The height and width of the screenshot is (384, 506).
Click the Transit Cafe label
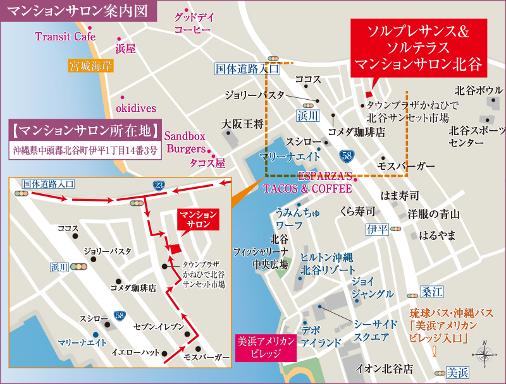[65, 37]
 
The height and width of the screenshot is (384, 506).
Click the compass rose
[484, 354]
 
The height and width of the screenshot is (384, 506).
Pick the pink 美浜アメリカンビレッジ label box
[265, 347]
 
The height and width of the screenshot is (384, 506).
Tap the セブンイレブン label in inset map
[159, 327]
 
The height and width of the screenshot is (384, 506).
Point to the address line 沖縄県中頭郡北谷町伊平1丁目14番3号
[85, 152]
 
